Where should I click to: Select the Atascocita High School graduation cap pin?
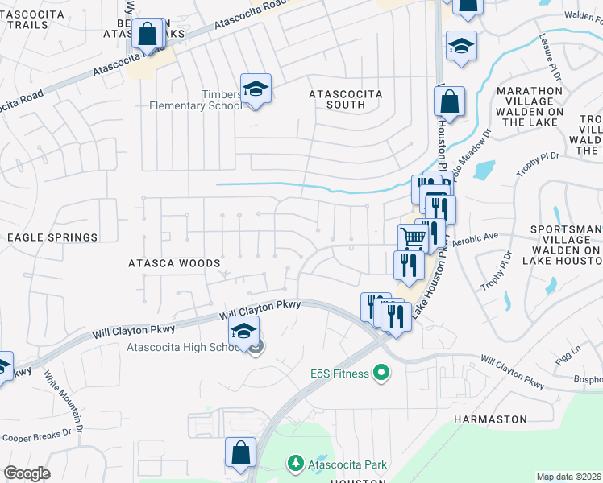[244, 332]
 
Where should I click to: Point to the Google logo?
[27, 473]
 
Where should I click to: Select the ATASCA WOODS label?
[174, 263]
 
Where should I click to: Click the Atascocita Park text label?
[351, 464]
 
